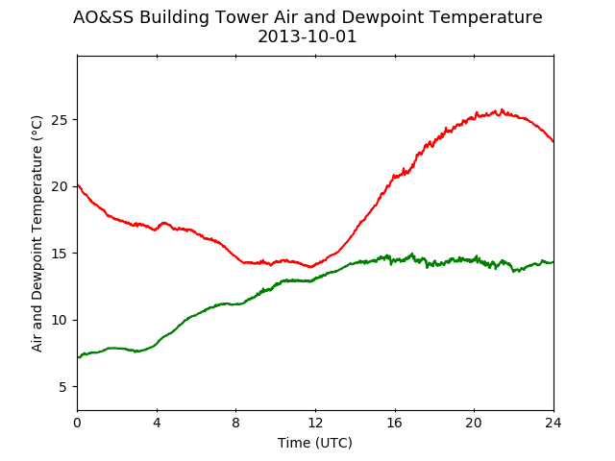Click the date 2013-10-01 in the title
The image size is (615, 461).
pos(307,36)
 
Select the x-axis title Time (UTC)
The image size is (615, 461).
pos(315,443)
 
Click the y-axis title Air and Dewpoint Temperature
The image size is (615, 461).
pos(37,233)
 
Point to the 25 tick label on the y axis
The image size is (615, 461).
pos(60,119)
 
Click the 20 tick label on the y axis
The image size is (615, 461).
pos(60,186)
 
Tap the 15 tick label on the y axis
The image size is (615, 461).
pos(60,254)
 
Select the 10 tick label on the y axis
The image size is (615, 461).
pos(60,320)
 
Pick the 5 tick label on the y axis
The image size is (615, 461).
pos(63,387)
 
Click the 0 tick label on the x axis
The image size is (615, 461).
pos(78,423)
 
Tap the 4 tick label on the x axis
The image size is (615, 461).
pos(157,423)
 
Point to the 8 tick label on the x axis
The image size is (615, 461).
pos(236,423)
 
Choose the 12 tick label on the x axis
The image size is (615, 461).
pos(315,423)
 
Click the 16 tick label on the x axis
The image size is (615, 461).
pos(395,423)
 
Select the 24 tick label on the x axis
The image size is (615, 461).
pos(553,423)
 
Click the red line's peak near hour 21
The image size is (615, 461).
pos(502,109)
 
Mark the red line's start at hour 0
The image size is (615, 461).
pos(78,184)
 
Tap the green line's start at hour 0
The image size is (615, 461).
pos(78,357)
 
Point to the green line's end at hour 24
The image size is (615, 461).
pos(553,262)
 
